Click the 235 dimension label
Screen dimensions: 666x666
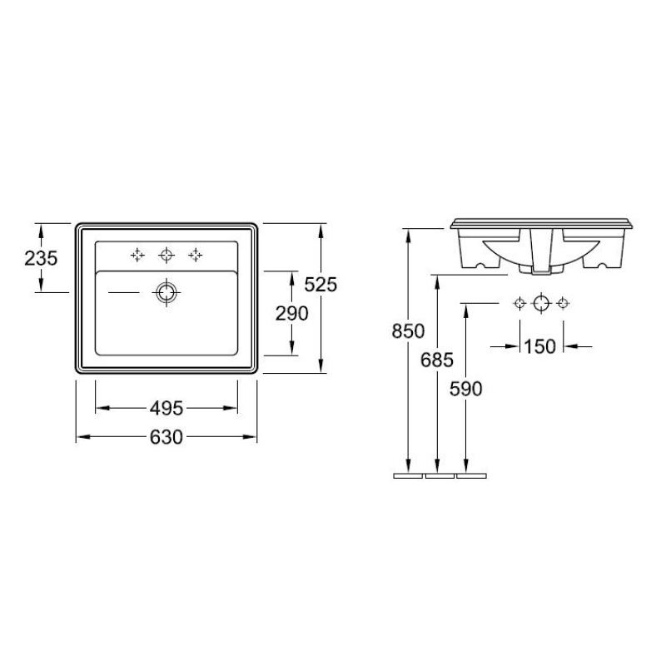41,258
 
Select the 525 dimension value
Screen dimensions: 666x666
321,285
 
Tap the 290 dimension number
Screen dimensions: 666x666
292,314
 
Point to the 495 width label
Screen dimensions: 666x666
166,409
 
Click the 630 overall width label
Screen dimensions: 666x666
166,437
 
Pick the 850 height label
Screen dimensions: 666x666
408,331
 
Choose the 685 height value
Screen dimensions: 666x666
437,360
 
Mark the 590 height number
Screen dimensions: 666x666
466,389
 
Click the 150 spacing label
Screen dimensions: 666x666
539,347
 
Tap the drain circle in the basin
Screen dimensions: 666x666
166,293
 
